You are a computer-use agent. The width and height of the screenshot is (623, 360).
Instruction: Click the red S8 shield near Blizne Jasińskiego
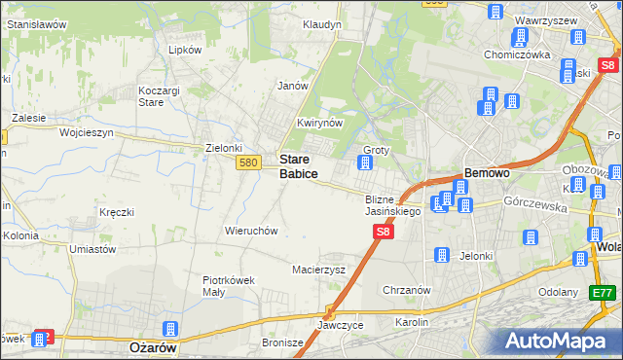point(384,232)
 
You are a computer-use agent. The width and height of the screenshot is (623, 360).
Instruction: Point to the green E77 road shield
point(604,292)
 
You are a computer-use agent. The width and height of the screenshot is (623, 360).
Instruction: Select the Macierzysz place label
point(319,270)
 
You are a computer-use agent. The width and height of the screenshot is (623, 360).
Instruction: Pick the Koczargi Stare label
point(153,95)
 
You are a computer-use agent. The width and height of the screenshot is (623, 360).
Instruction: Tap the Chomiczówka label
point(518,54)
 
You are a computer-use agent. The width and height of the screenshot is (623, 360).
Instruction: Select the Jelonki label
point(476,256)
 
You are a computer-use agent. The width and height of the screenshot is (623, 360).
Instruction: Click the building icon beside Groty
point(365,163)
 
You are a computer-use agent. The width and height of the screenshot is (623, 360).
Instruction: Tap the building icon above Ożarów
point(170,329)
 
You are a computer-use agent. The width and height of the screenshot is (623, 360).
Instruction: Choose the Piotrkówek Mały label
point(229,286)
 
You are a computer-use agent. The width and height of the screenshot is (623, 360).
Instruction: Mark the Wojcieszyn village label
point(87,131)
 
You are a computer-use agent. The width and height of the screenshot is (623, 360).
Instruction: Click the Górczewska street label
point(534,201)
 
